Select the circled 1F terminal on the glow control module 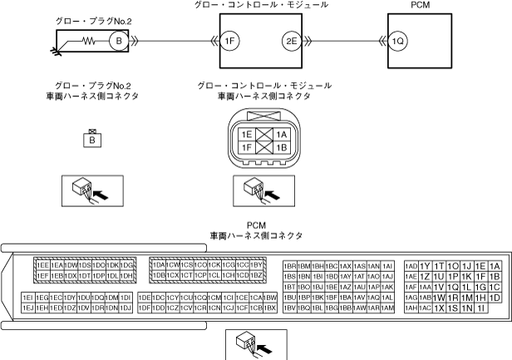pos(230,40)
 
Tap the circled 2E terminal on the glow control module pos(291,40)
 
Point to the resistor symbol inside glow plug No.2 pos(89,40)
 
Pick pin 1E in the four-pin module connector pos(245,133)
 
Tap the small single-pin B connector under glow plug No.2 pos(93,140)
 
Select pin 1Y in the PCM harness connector pos(425,265)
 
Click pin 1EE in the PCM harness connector pos(42,265)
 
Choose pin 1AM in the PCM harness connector pos(386,308)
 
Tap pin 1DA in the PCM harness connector pos(159,265)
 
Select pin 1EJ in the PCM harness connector pos(28,308)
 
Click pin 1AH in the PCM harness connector pos(411,308)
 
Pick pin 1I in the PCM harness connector pos(480,308)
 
